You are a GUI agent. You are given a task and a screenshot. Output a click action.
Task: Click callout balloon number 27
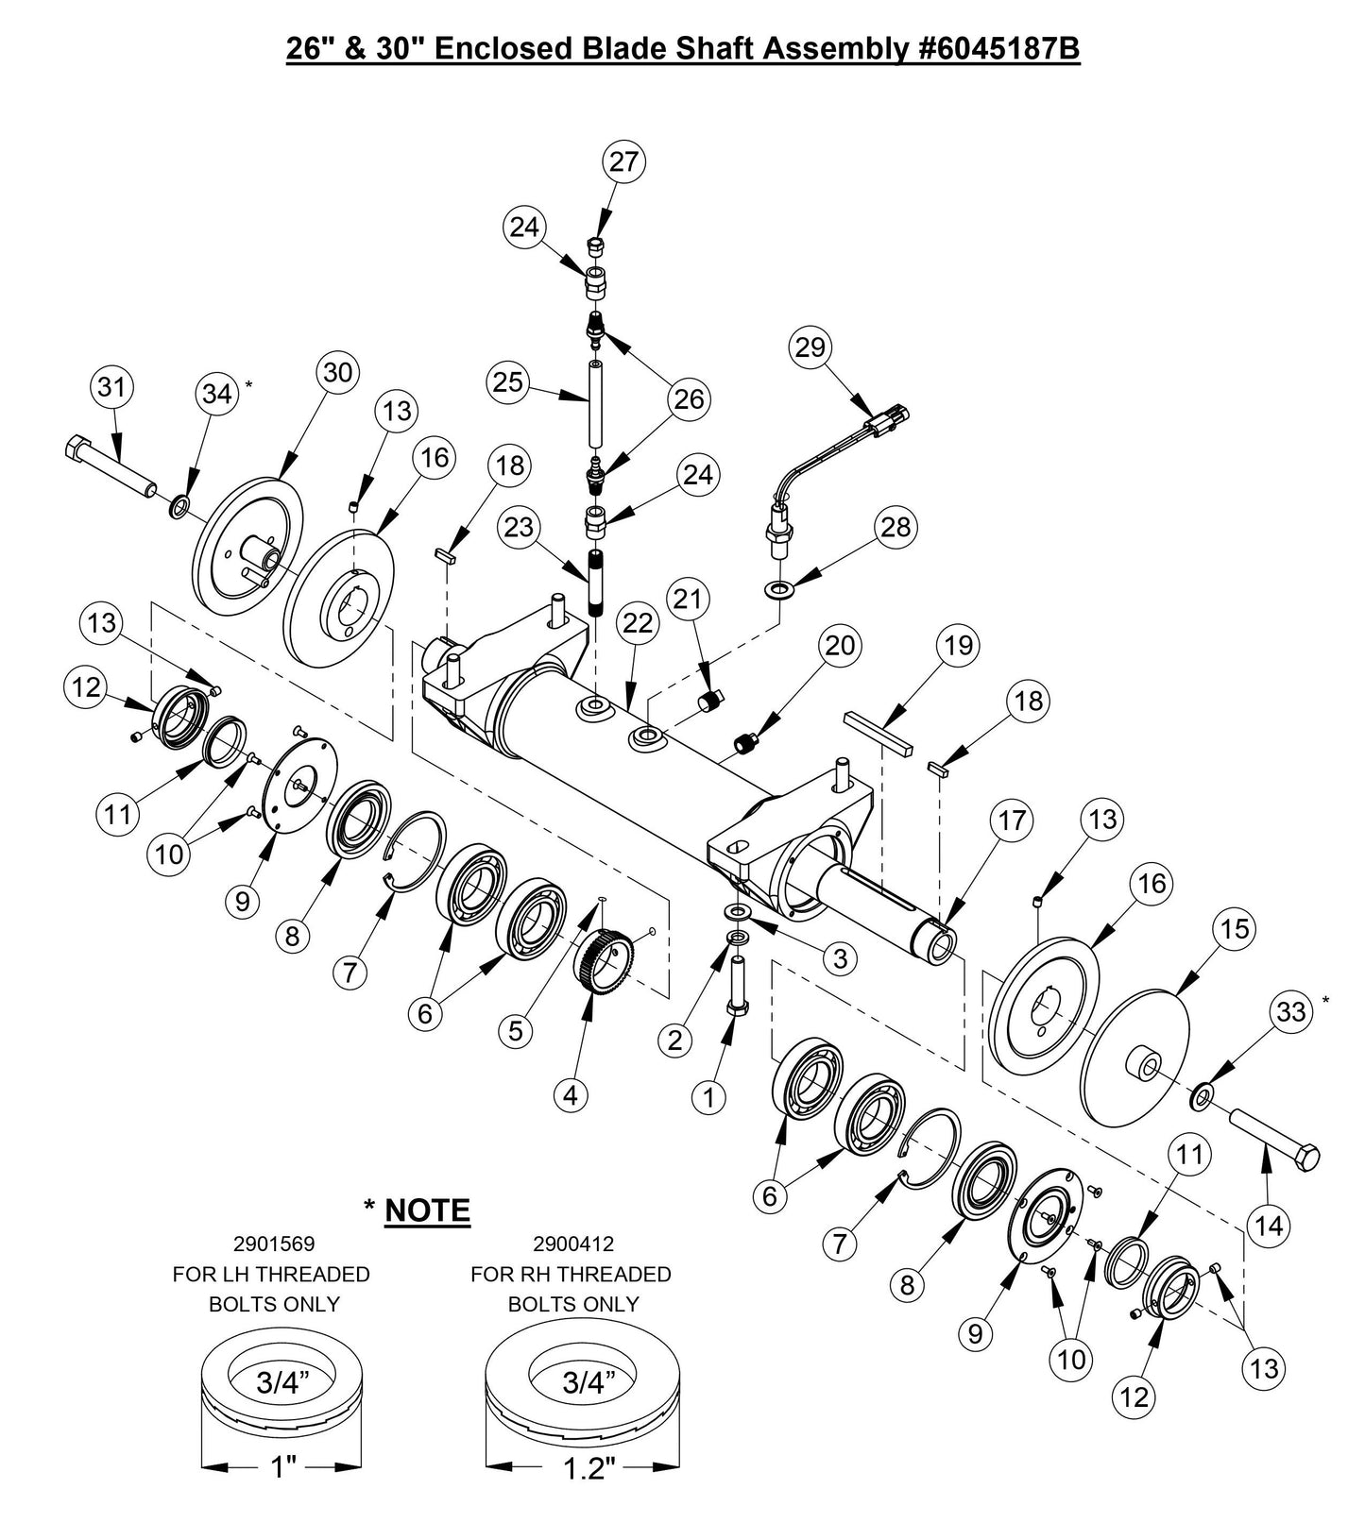pyautogui.click(x=623, y=161)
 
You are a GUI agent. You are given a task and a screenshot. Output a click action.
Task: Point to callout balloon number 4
pyautogui.click(x=570, y=1095)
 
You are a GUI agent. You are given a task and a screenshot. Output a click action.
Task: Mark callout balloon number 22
pyautogui.click(x=638, y=622)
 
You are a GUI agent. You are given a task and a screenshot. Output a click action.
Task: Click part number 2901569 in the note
pyautogui.click(x=274, y=1244)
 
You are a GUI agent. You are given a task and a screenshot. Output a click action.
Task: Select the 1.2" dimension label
pyautogui.click(x=591, y=1469)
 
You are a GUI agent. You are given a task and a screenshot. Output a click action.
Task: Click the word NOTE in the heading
pyautogui.click(x=427, y=1210)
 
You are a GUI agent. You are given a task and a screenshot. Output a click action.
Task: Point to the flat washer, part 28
pyautogui.click(x=778, y=591)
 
